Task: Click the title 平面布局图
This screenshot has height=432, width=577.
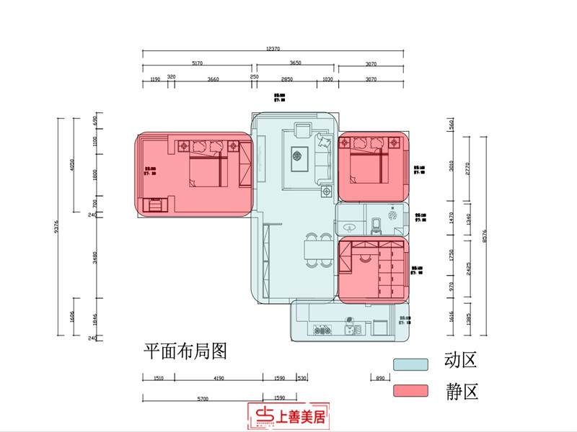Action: (x=186, y=351)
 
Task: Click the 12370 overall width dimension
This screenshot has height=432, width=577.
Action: (x=272, y=48)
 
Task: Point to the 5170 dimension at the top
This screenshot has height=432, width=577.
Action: (x=197, y=63)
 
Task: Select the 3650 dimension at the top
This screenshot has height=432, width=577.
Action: (x=295, y=63)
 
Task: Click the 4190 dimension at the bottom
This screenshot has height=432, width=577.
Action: (x=219, y=377)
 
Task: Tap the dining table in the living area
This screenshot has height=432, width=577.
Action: (x=312, y=249)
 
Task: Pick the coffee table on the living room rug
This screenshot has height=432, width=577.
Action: (x=297, y=158)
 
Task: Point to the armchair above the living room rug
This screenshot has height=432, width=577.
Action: (x=302, y=132)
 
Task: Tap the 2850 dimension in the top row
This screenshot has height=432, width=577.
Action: (x=286, y=78)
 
